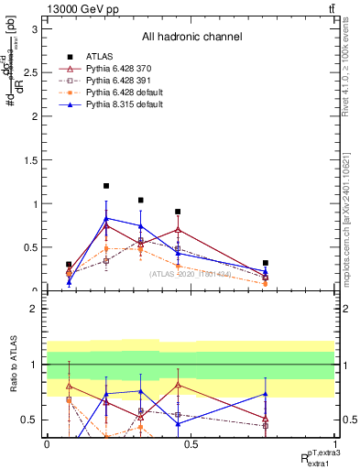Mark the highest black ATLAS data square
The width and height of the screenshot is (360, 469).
tap(106, 186)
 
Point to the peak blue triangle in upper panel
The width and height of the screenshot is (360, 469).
tap(106, 218)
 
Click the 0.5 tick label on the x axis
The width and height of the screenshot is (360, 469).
tap(191, 444)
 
